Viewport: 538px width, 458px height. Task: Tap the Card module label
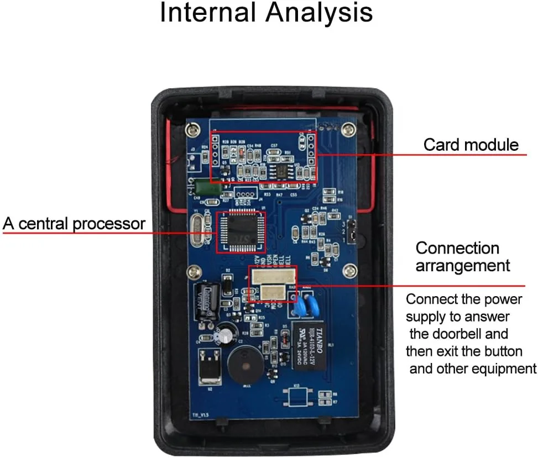[x=471, y=145]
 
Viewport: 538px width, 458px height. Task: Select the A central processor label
[x=74, y=224]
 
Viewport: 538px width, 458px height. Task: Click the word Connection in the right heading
[x=457, y=248]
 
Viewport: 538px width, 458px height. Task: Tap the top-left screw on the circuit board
[x=192, y=129]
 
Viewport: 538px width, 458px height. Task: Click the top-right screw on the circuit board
[x=348, y=129]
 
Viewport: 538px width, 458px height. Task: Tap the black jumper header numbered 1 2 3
[x=351, y=231]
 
